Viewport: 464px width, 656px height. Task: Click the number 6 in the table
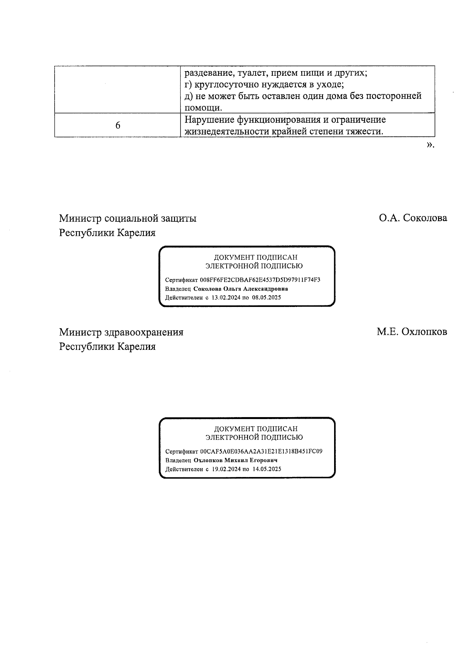(x=118, y=126)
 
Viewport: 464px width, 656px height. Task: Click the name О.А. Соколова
(x=413, y=218)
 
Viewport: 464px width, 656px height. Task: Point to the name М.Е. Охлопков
(x=412, y=332)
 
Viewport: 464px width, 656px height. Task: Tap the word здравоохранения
(x=144, y=332)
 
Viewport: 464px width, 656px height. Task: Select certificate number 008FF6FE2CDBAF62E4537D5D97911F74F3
(x=260, y=280)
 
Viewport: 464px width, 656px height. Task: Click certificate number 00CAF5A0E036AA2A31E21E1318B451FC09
(x=261, y=452)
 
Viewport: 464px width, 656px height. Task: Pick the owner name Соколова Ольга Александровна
(x=241, y=289)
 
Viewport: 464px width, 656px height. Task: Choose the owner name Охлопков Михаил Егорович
(x=235, y=460)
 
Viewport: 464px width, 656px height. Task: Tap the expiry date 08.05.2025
(x=266, y=298)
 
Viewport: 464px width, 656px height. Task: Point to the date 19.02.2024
(x=226, y=469)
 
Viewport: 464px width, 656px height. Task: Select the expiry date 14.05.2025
(x=267, y=469)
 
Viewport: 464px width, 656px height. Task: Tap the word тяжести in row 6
(x=365, y=131)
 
